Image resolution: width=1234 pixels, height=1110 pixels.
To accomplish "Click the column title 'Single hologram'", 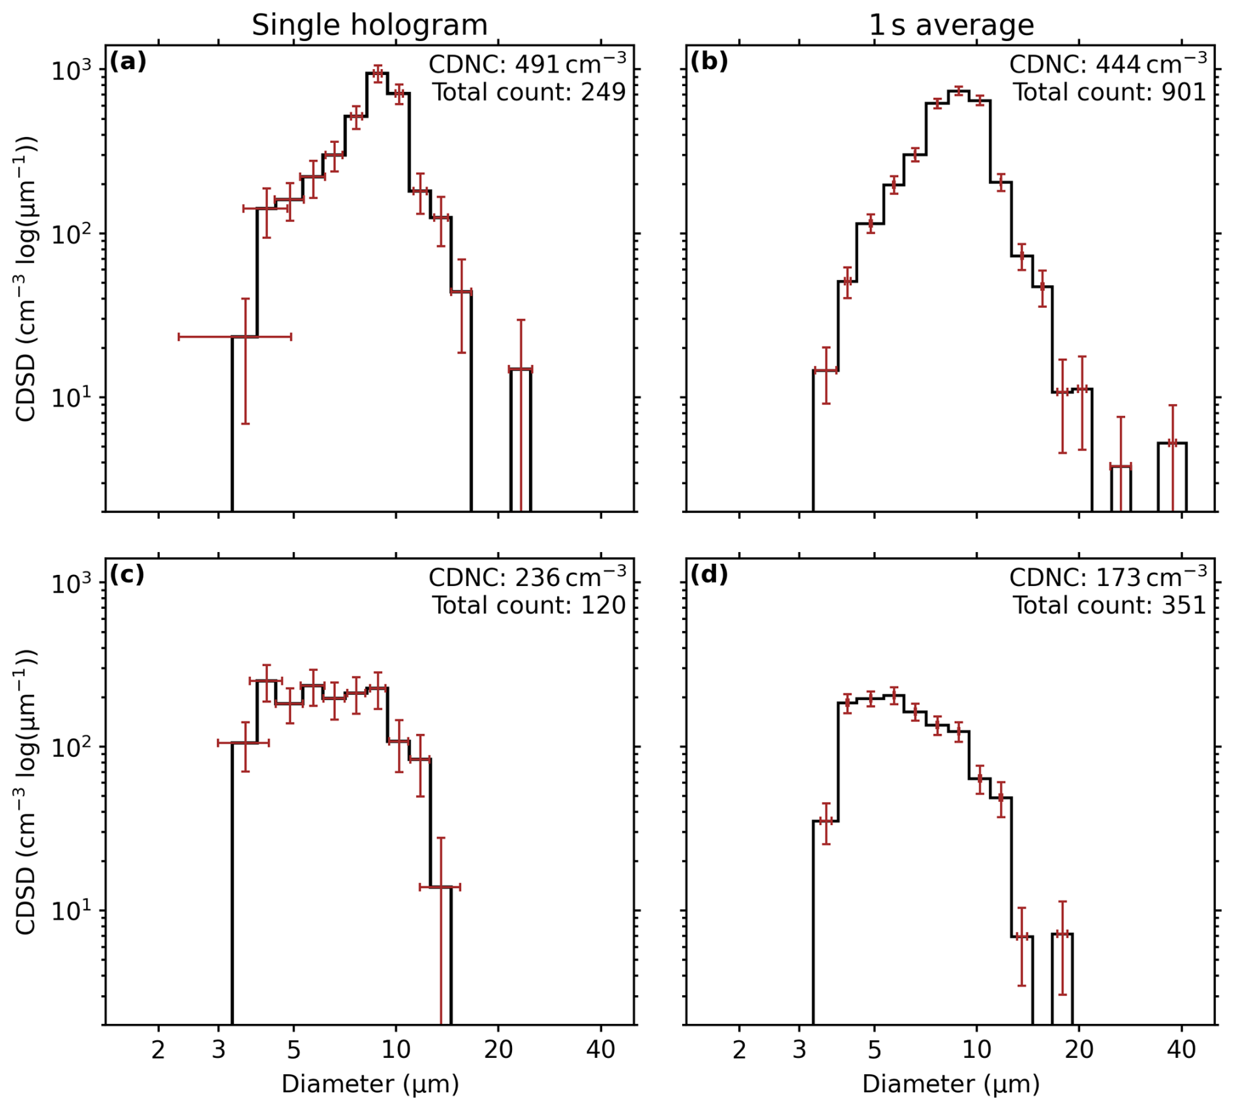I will pyautogui.click(x=369, y=25).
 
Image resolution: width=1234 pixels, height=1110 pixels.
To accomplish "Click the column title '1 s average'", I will pyautogui.click(x=951, y=25).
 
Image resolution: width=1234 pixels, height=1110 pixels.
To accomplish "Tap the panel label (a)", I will pyautogui.click(x=128, y=61).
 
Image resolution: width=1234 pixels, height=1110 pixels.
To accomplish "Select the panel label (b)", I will pyautogui.click(x=709, y=61).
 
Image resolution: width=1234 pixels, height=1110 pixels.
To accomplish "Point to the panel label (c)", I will pyautogui.click(x=127, y=574).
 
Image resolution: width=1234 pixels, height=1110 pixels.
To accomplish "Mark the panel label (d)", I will pyautogui.click(x=709, y=574).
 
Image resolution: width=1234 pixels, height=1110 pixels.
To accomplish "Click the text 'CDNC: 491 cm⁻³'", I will pyautogui.click(x=527, y=63).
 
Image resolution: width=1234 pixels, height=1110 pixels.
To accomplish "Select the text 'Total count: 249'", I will pyautogui.click(x=528, y=92).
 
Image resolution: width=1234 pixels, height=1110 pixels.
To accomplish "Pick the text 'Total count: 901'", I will pyautogui.click(x=1109, y=92).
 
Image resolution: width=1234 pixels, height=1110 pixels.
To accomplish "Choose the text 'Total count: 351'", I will pyautogui.click(x=1109, y=605).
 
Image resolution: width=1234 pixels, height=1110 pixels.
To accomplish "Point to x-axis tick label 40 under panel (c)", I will pyautogui.click(x=600, y=1049).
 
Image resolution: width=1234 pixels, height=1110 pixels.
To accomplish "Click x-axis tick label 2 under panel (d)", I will pyautogui.click(x=739, y=1049).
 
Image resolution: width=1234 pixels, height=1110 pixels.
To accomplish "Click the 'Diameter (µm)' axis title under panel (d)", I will pyautogui.click(x=951, y=1084).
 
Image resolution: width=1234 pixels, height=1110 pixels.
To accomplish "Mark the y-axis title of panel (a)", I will pyautogui.click(x=27, y=279).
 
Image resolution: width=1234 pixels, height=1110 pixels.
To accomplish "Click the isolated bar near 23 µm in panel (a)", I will pyautogui.click(x=520, y=440).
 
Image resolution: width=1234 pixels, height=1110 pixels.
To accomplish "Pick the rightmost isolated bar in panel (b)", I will pyautogui.click(x=1172, y=476).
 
